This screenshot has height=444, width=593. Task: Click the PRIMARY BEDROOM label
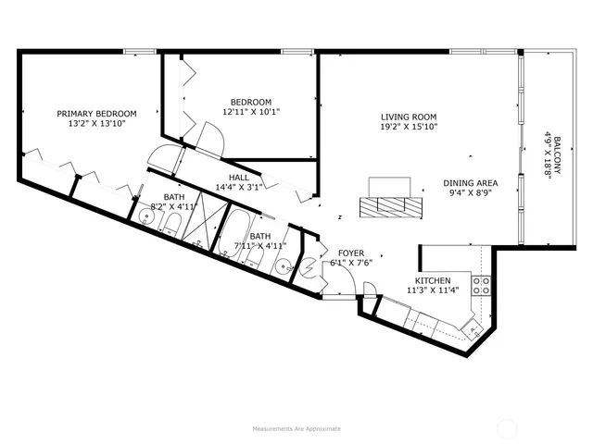tap(96, 114)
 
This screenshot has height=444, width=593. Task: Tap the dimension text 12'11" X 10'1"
tap(250, 112)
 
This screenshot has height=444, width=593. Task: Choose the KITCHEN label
tap(433, 280)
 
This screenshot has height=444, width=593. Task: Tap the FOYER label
tap(350, 253)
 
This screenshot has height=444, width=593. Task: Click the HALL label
tap(238, 178)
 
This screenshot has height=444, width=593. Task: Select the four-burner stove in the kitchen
tap(481, 284)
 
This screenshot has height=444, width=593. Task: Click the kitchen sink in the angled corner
tap(469, 327)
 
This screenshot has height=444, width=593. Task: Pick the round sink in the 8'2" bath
tap(146, 218)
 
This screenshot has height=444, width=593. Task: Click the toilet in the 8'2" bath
tap(171, 227)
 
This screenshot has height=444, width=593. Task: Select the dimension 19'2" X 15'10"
tap(408, 127)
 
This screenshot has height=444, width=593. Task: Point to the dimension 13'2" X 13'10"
tap(96, 124)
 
